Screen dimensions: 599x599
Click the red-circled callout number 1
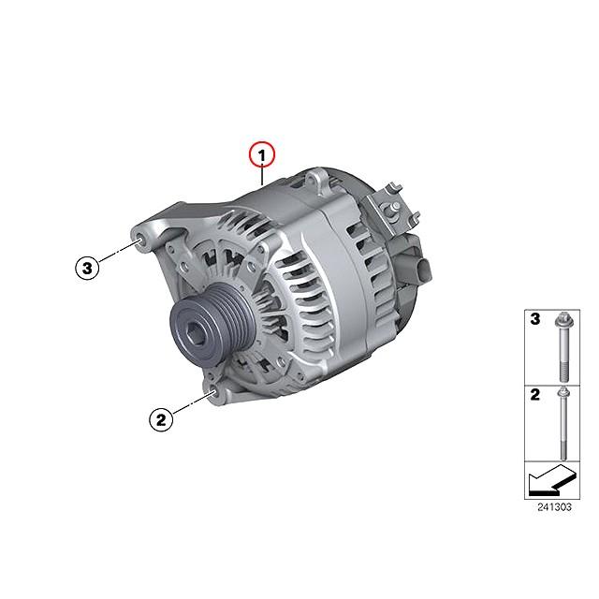(x=262, y=155)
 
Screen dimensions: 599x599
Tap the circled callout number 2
(x=161, y=420)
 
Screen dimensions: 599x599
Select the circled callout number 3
(x=87, y=268)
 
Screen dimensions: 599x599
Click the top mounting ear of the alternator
(x=316, y=181)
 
